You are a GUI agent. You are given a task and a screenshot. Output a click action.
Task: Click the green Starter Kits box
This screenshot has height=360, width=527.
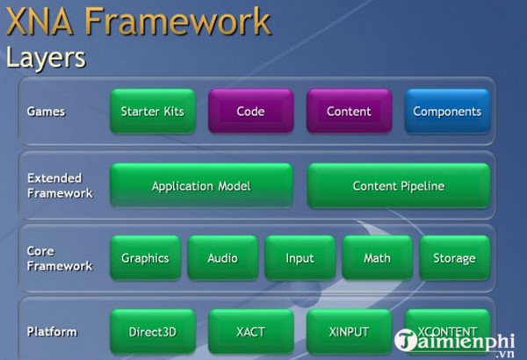point(153,112)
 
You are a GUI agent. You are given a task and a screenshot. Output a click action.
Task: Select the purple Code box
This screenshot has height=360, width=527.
point(250,112)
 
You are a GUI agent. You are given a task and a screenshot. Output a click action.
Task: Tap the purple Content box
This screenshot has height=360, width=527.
point(349,112)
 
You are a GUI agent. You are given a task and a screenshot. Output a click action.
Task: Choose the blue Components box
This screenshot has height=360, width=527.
point(447,112)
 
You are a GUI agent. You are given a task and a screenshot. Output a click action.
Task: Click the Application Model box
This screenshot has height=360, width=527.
point(201,186)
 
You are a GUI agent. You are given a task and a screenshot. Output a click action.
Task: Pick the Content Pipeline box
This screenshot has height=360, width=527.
point(398,186)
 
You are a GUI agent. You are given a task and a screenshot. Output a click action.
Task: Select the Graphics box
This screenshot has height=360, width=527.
point(145,258)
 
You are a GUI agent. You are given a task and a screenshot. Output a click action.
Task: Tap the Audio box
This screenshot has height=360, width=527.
point(222,258)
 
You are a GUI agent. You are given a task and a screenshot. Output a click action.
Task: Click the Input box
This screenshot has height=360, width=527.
point(300,258)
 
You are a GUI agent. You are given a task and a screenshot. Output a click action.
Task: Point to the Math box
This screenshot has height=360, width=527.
point(377,258)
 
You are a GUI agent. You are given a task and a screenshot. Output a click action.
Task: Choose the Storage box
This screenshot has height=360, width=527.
point(454,258)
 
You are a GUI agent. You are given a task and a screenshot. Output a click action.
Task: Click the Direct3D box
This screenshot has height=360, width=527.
point(153,332)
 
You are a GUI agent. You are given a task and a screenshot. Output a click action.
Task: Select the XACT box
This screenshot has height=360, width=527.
point(250,332)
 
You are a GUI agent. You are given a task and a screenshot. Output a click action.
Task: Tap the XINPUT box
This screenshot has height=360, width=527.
point(349,332)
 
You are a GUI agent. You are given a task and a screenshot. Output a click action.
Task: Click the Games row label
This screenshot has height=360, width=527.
point(46,112)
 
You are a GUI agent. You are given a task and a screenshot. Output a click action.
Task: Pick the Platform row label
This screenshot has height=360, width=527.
point(52,332)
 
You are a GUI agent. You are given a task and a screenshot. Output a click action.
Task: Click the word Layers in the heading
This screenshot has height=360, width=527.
point(46,58)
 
